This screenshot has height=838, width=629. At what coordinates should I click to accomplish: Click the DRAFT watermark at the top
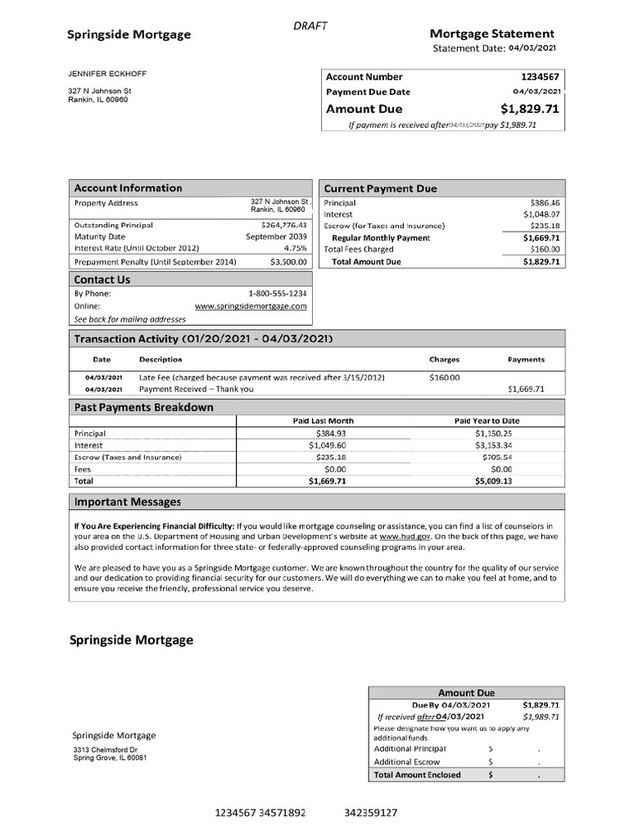[x=310, y=26]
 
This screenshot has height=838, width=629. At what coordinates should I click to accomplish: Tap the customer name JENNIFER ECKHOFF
[x=107, y=74]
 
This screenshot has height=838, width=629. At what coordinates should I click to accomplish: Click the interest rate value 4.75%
[x=295, y=247]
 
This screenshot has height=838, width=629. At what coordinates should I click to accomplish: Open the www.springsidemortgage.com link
[x=251, y=306]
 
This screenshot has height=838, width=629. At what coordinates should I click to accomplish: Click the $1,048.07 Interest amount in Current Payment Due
[x=540, y=214]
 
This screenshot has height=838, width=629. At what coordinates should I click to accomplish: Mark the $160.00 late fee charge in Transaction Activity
[x=445, y=377]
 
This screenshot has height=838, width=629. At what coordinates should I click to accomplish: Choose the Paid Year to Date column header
[x=486, y=421]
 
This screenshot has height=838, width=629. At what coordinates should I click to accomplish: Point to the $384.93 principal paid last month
[x=331, y=433]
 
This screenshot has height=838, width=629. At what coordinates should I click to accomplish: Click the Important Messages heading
[x=128, y=502]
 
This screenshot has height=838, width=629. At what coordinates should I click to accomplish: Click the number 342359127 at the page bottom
[x=371, y=813]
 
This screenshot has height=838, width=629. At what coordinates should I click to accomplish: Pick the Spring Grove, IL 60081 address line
[x=111, y=757]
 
